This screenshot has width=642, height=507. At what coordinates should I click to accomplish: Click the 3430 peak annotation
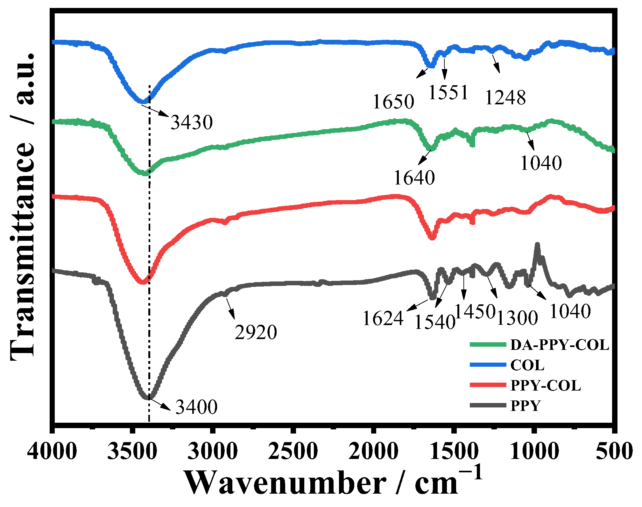tap(192, 122)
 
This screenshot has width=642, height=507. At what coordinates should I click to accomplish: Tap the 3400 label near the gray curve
tap(196, 406)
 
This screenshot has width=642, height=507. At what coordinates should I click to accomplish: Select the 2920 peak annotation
tap(256, 332)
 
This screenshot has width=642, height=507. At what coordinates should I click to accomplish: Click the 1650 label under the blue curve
tap(393, 102)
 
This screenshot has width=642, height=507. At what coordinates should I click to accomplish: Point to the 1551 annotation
tap(448, 93)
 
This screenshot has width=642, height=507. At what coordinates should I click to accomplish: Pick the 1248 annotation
tap(505, 97)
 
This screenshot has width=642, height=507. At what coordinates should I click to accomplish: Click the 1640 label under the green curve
tap(414, 177)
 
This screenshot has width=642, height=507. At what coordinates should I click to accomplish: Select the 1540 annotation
tap(435, 322)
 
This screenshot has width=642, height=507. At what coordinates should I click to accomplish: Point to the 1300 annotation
tap(517, 318)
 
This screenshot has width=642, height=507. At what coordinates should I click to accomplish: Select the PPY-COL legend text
tap(546, 385)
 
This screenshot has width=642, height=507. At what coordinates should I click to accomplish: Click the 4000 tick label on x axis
tap(52, 451)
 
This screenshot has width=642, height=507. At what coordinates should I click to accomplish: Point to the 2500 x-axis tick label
tap(293, 451)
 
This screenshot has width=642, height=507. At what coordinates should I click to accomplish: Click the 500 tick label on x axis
tap(614, 451)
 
